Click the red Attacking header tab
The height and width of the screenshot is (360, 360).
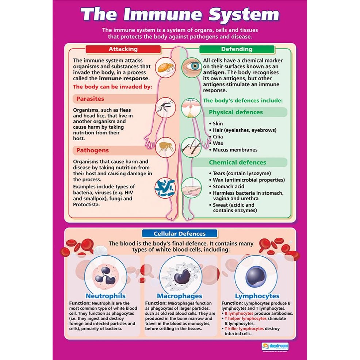[123, 49]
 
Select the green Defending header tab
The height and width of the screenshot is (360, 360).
[237, 49]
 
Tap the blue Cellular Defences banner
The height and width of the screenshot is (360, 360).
[180, 234]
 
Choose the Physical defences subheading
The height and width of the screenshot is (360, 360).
[236, 112]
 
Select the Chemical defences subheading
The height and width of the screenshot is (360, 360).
[237, 162]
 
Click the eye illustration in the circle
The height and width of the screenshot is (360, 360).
[191, 66]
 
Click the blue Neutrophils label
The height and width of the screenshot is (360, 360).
[106, 296]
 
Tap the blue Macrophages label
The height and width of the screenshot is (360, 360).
[180, 296]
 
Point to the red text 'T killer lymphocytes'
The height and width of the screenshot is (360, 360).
[244, 329]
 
